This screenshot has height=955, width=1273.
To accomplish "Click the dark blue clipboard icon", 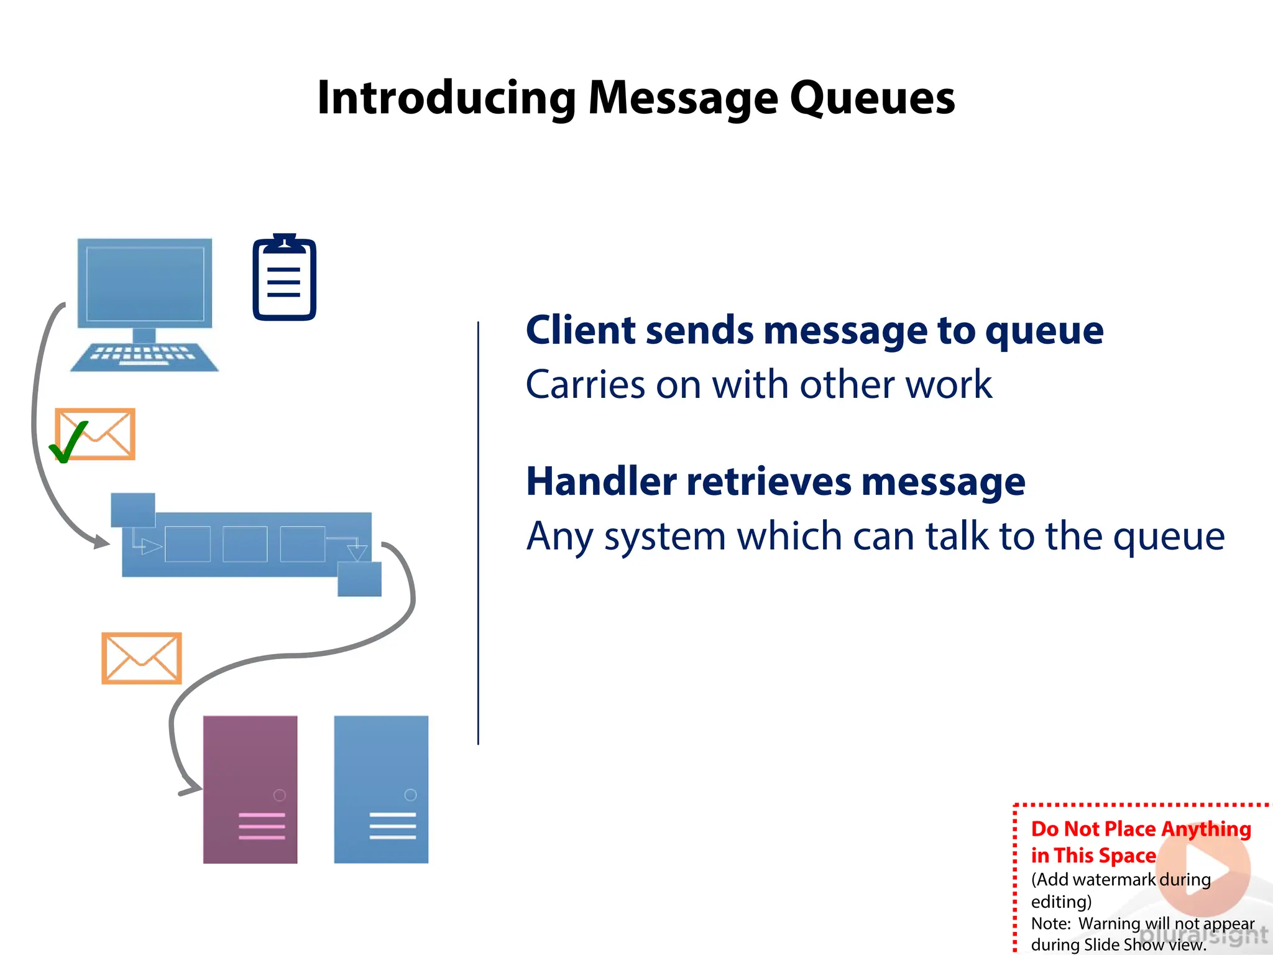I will [284, 279].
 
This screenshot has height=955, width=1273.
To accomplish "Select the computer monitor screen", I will [145, 284].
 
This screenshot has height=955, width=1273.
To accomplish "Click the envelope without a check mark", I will [142, 658].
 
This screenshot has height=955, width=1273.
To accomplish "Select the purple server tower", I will [250, 789].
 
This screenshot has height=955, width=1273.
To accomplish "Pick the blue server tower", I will [381, 789].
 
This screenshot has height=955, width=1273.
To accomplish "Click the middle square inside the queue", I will [245, 544].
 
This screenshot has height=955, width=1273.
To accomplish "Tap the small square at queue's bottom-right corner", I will [359, 579].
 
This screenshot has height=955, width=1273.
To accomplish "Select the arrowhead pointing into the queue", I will [101, 542].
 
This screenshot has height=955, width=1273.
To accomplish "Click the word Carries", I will [585, 385].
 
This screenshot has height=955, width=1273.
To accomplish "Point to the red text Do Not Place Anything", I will [1141, 829].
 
